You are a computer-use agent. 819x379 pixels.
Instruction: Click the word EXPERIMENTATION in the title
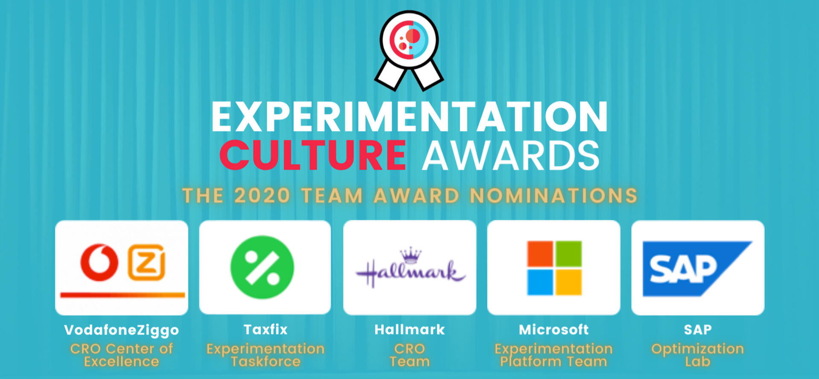click(409, 117)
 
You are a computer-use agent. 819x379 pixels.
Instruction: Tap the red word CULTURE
click(313, 155)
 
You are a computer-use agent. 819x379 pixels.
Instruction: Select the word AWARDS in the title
click(511, 155)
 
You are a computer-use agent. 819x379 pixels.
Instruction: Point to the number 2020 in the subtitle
click(262, 196)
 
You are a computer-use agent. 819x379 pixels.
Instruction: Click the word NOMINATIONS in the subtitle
click(554, 196)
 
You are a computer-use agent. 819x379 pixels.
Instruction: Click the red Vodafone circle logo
click(100, 262)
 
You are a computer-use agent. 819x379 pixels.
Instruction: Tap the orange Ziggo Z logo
click(147, 262)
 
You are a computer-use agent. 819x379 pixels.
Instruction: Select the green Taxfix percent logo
click(262, 267)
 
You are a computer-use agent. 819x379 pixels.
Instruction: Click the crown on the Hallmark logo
click(410, 255)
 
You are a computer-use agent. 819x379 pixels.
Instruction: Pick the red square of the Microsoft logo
click(540, 254)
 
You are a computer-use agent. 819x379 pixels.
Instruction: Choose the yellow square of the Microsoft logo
click(568, 282)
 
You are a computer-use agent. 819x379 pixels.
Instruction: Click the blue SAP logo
click(691, 268)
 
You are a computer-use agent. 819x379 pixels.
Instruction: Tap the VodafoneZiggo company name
click(122, 330)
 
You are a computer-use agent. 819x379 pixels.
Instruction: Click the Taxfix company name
click(265, 329)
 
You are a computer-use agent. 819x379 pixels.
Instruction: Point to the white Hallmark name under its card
click(410, 329)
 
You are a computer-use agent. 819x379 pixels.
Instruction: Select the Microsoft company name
click(554, 329)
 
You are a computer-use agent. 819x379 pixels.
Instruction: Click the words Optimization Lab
click(697, 355)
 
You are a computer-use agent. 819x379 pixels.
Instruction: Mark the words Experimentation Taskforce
click(265, 355)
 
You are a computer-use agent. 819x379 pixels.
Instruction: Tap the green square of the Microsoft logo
click(568, 254)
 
